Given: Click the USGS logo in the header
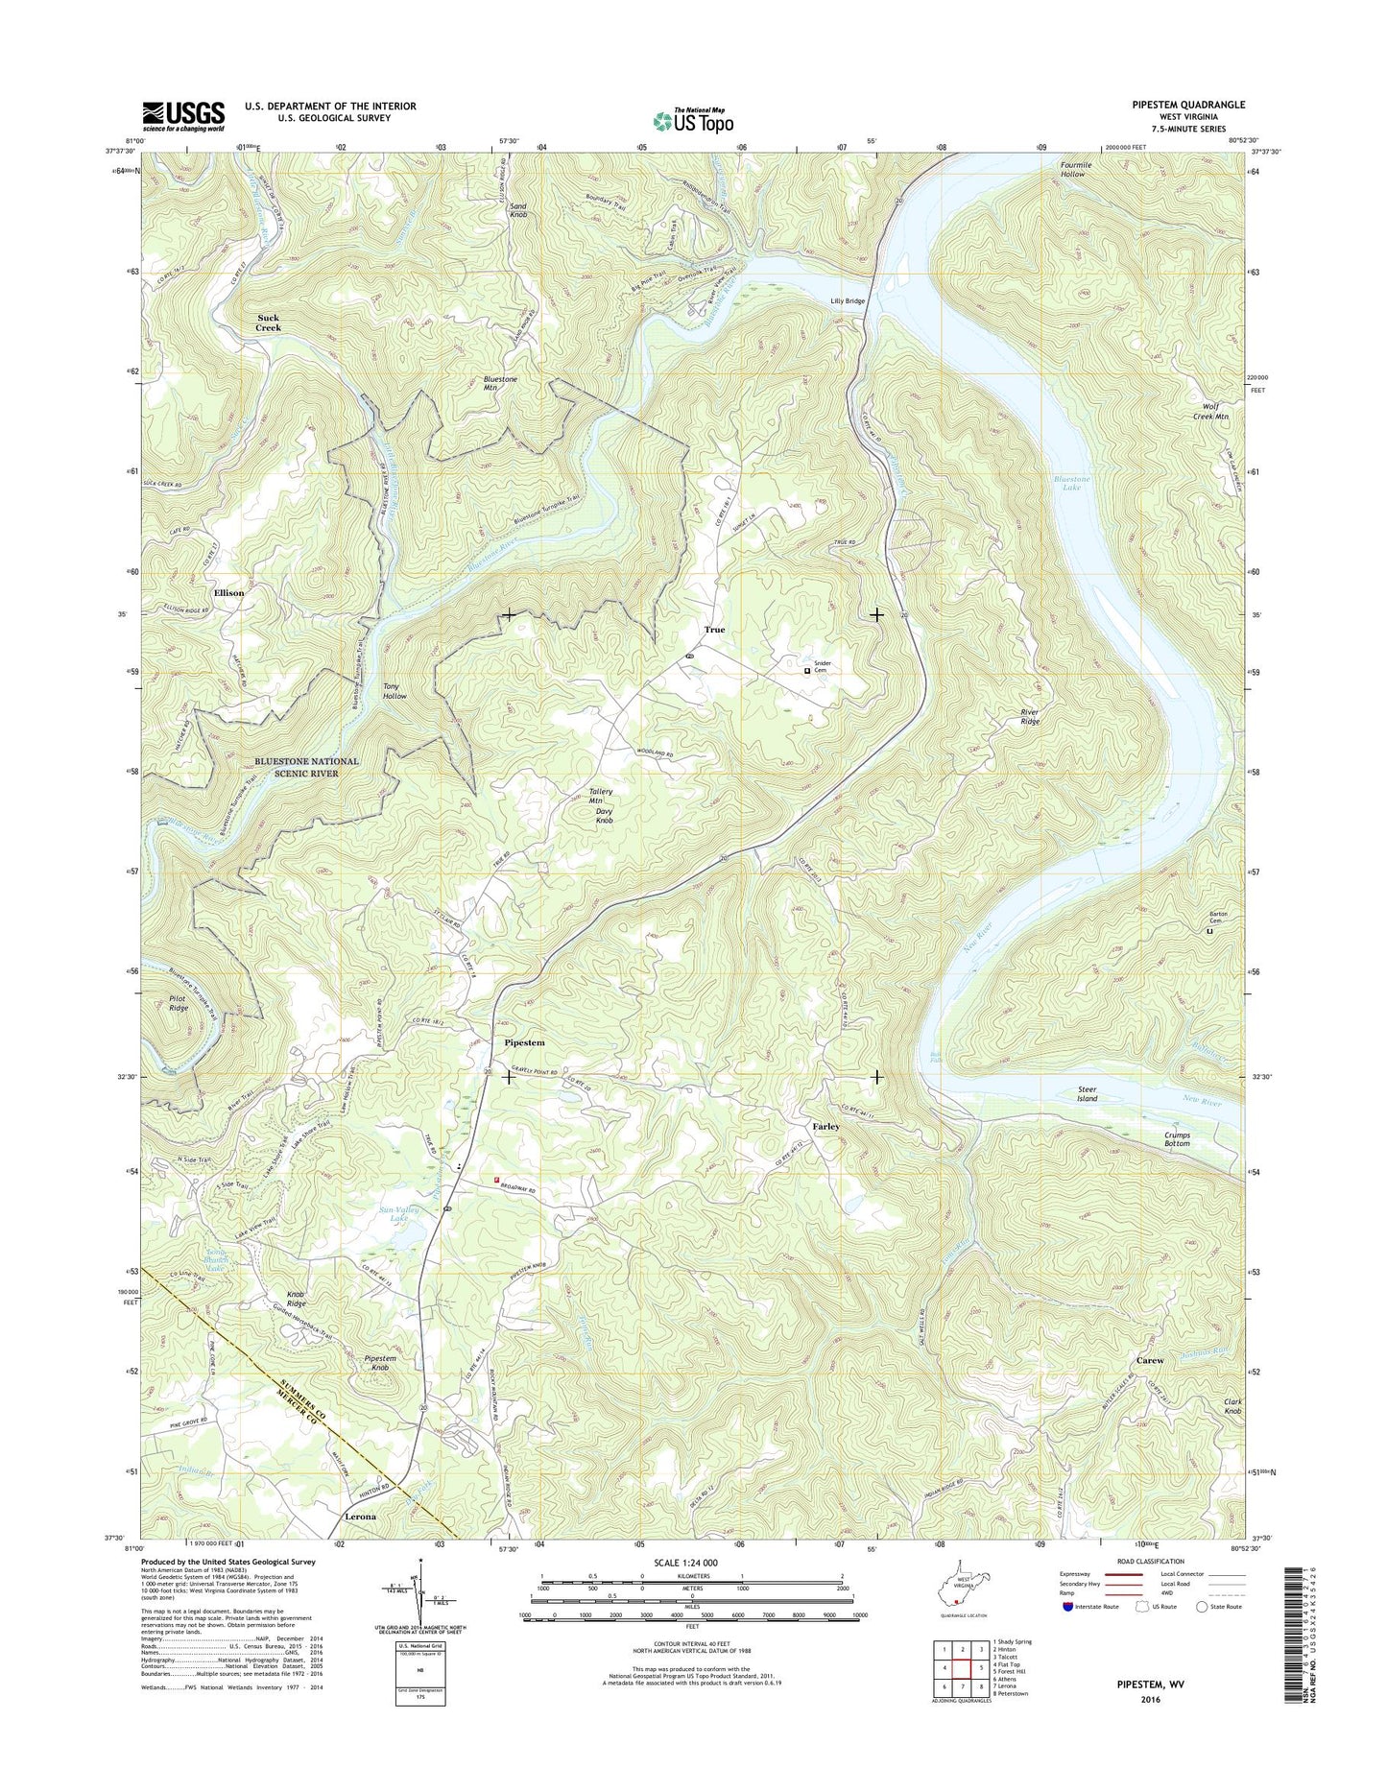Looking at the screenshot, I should click(x=183, y=115).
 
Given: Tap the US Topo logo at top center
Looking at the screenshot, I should click(x=693, y=120).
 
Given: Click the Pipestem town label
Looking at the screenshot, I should click(x=524, y=1042).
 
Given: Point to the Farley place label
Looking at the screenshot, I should click(x=825, y=1126).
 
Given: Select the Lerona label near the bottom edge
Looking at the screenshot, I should click(x=360, y=1517).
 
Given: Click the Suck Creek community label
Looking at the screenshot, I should click(x=269, y=323).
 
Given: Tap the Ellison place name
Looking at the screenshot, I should click(x=228, y=593).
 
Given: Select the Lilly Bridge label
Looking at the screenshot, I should click(x=848, y=301).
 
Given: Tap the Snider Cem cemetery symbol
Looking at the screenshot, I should click(x=807, y=672).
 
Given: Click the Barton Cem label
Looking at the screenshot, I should click(x=1217, y=918).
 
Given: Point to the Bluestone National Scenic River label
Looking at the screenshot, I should click(x=306, y=767).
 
